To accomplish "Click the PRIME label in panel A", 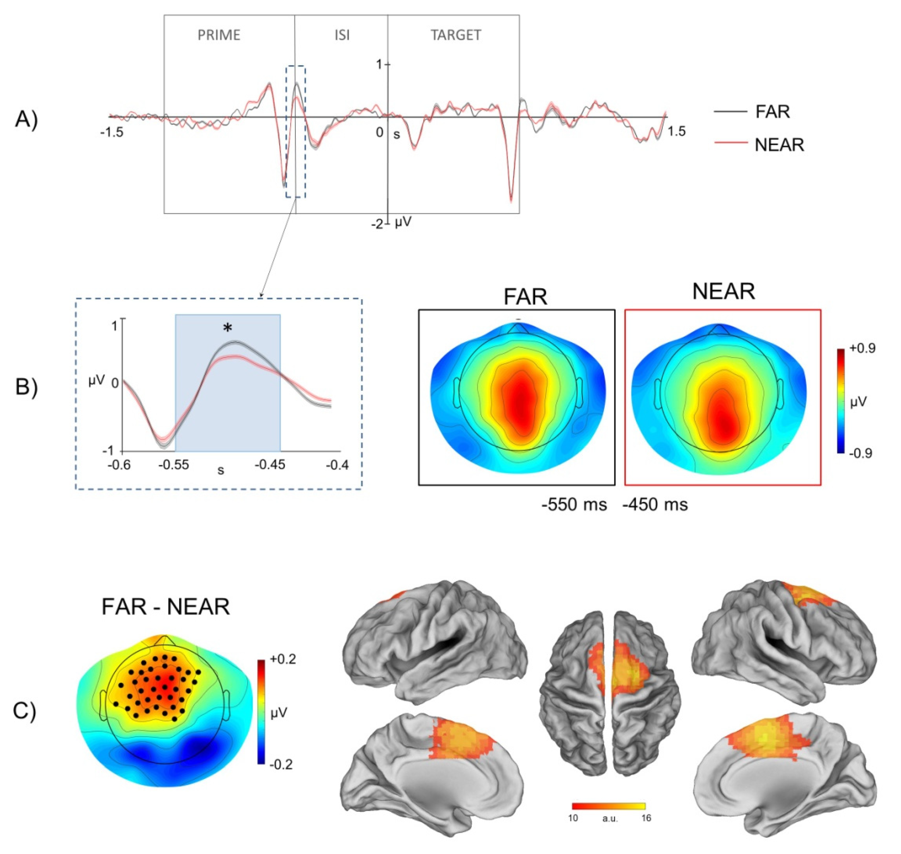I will point(219,35).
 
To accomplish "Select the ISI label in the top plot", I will point(342,35).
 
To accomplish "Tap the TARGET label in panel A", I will point(456,35).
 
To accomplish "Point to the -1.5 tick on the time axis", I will point(112,132).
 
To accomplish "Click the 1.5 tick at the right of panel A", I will point(676,131).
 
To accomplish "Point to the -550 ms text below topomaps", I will point(574,504).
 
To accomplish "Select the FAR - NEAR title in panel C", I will point(165,607).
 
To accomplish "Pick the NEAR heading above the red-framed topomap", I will point(723,291).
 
